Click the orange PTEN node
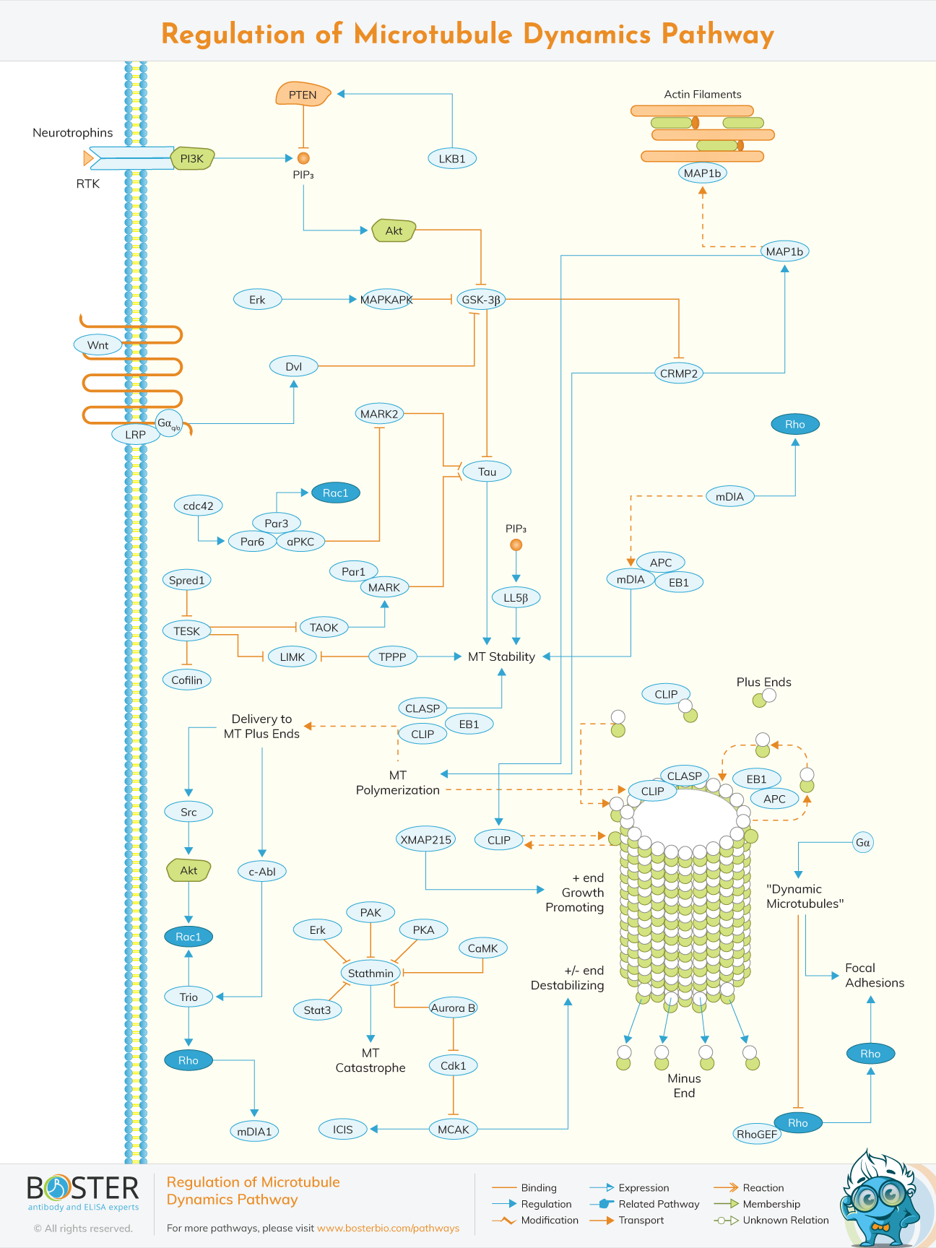pyautogui.click(x=303, y=95)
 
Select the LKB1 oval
pyautogui.click(x=452, y=159)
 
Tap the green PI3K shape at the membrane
pyautogui.click(x=192, y=159)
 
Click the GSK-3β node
pyautogui.click(x=481, y=299)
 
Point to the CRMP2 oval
pyautogui.click(x=679, y=373)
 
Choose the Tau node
pyautogui.click(x=487, y=472)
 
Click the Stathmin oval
pyautogui.click(x=370, y=973)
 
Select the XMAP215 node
pyautogui.click(x=426, y=839)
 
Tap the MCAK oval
pyautogui.click(x=454, y=1130)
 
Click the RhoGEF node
pyautogui.click(x=757, y=1134)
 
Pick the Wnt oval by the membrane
pyautogui.click(x=97, y=345)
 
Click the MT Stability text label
pyautogui.click(x=501, y=656)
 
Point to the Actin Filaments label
pyautogui.click(x=702, y=95)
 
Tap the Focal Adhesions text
pyautogui.click(x=874, y=975)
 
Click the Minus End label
pyautogui.click(x=684, y=1085)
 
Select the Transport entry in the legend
pyautogui.click(x=641, y=1220)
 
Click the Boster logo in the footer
pyautogui.click(x=82, y=1192)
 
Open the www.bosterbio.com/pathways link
pyautogui.click(x=388, y=1228)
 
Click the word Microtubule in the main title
pyautogui.click(x=433, y=34)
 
